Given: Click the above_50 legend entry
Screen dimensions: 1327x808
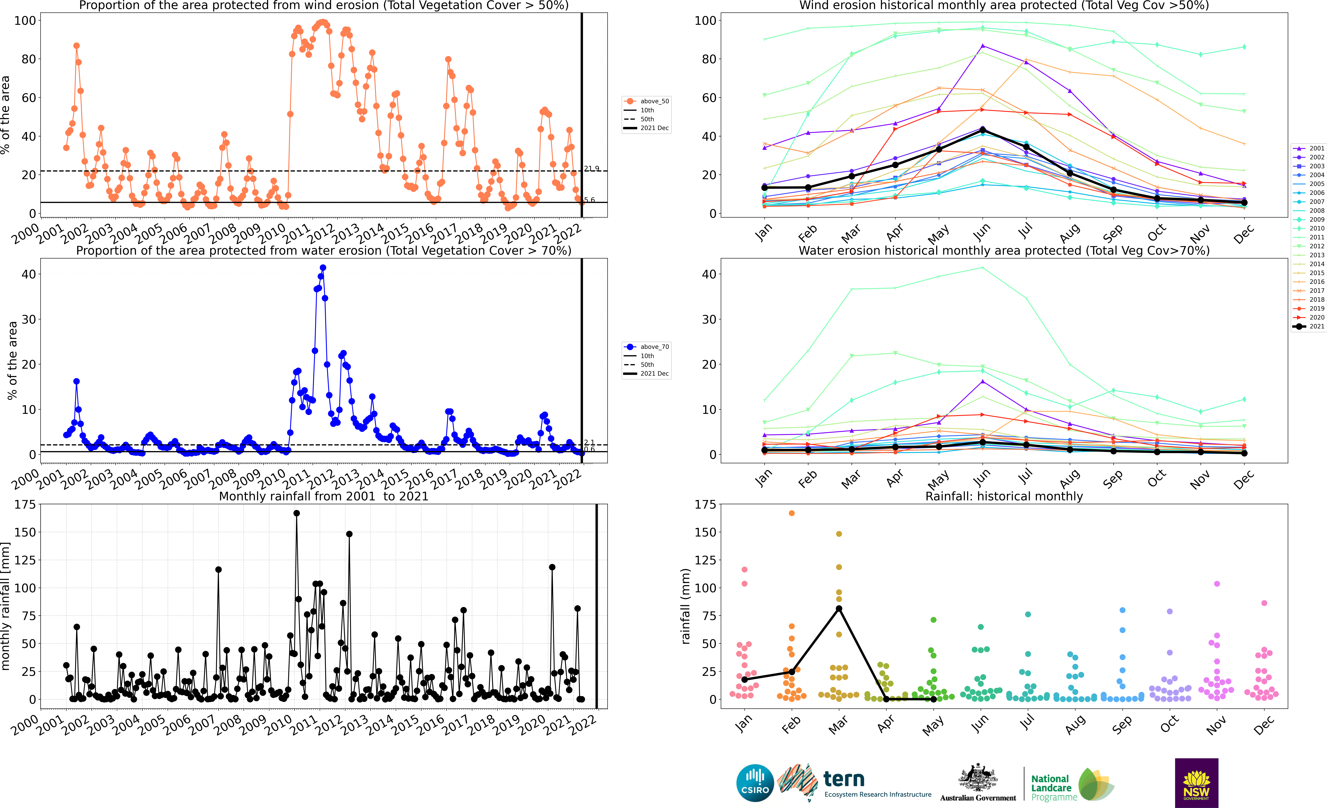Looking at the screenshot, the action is coord(646,101).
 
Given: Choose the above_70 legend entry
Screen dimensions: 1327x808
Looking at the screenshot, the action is coord(646,347).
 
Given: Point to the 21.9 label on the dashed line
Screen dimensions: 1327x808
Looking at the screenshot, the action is coord(591,169).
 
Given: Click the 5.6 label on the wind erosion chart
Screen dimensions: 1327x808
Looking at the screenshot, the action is coord(590,200).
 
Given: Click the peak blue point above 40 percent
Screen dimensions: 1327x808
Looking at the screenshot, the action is coord(323,268).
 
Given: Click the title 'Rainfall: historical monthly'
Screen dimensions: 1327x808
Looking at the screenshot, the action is coord(1004,496).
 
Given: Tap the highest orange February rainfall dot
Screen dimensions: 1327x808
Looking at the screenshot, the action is coord(792,513).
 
